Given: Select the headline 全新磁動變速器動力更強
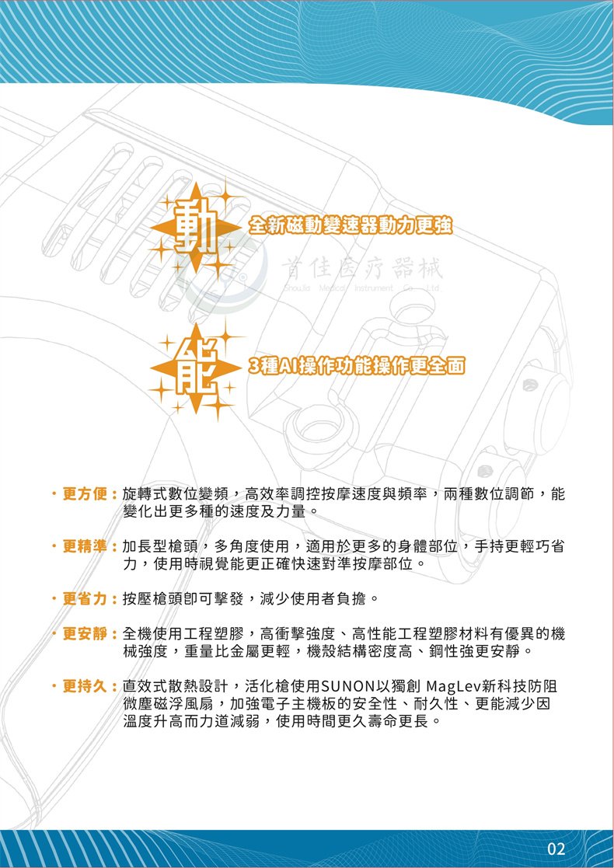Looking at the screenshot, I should tap(349, 226).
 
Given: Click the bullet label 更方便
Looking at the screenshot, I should tap(88, 494).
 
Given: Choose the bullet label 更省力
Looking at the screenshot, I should tap(88, 600).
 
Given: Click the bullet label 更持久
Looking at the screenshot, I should tap(88, 687).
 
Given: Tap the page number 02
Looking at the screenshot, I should tap(556, 848).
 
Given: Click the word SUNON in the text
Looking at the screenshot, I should tap(347, 687).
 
